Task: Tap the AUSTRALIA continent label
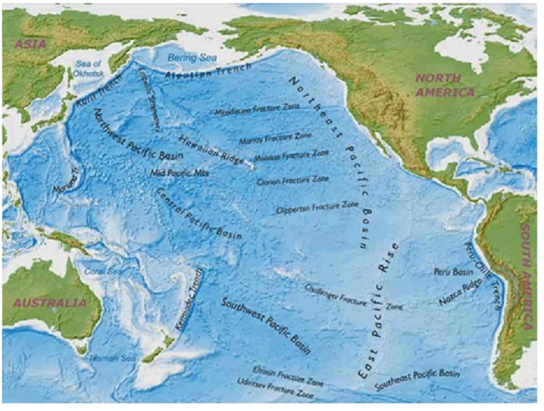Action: pyautogui.click(x=49, y=303)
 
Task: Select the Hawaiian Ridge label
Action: pyautogui.click(x=209, y=149)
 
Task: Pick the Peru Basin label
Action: pyautogui.click(x=453, y=273)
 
